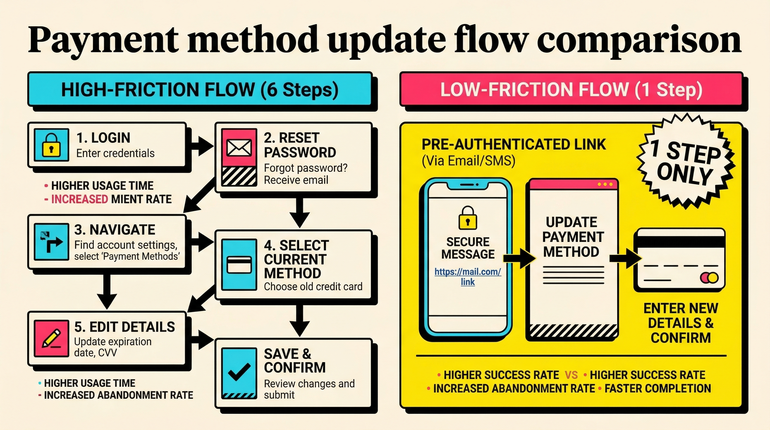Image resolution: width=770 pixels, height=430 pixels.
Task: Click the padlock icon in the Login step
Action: click(x=51, y=145)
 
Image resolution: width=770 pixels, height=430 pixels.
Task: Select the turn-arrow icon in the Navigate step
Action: click(x=51, y=242)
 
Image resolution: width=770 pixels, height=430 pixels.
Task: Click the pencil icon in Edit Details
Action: click(x=51, y=338)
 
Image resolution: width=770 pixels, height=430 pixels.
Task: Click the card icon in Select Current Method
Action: click(x=239, y=264)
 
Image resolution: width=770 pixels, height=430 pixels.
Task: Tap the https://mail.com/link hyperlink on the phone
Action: click(x=468, y=277)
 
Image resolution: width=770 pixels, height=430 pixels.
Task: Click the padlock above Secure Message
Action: click(x=468, y=218)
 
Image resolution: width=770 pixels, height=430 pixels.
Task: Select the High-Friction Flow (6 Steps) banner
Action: click(x=200, y=89)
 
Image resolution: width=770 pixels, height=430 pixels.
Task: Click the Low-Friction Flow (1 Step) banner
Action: click(x=571, y=89)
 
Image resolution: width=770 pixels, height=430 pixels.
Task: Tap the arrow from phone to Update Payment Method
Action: click(x=519, y=258)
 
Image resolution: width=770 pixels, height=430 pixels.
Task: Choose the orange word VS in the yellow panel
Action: click(x=571, y=375)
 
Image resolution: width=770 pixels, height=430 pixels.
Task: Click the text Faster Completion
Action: click(x=658, y=389)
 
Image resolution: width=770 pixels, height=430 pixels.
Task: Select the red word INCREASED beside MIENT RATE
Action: click(x=79, y=199)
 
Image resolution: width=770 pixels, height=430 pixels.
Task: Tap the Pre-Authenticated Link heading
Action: click(x=513, y=145)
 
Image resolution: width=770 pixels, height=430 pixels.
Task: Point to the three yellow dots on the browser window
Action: click(x=605, y=184)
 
